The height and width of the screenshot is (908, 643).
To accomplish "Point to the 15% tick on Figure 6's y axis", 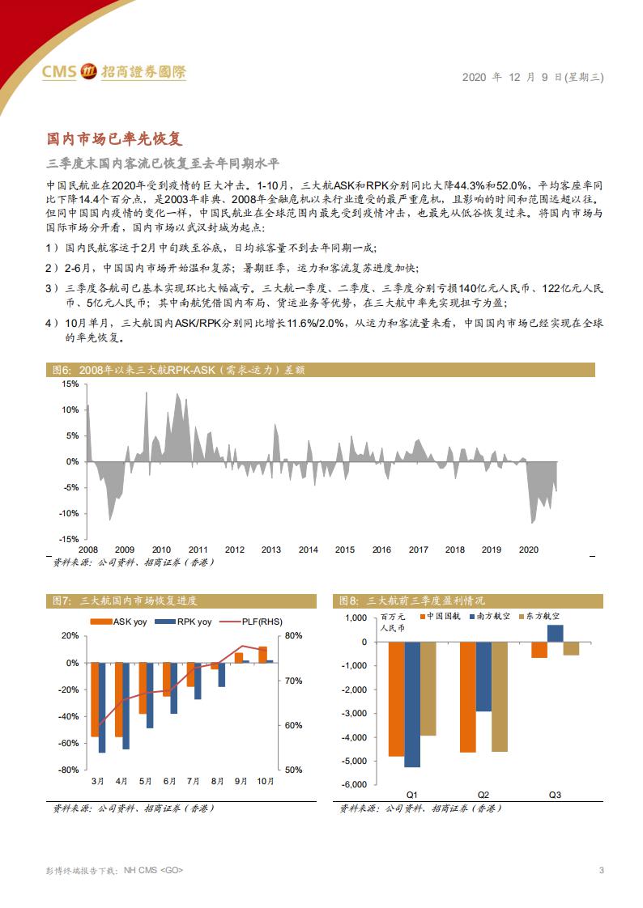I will pyautogui.click(x=70, y=384).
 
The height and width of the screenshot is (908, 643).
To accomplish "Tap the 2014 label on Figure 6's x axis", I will pyautogui.click(x=308, y=549).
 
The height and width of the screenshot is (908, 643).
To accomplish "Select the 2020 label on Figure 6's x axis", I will pyautogui.click(x=528, y=549).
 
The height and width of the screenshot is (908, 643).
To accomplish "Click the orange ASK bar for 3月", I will pyautogui.click(x=95, y=699).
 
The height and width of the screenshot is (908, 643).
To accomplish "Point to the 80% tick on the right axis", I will pyautogui.click(x=294, y=635).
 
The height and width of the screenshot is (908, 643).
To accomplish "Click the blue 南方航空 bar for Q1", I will pyautogui.click(x=412, y=704).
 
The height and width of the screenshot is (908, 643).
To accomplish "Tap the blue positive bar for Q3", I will pyautogui.click(x=555, y=633).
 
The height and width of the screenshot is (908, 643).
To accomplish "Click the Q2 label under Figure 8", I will pyautogui.click(x=483, y=796).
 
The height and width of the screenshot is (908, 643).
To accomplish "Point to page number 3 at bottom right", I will pyautogui.click(x=601, y=870).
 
